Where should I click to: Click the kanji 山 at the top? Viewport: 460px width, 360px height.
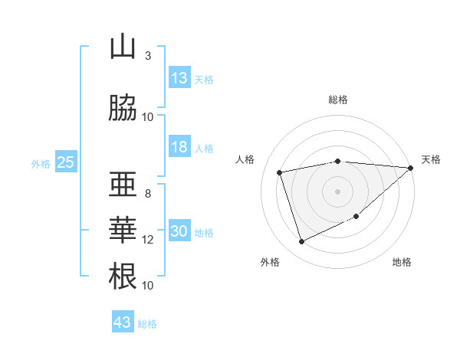(x=123, y=47)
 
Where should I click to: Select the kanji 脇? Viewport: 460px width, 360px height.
(x=123, y=109)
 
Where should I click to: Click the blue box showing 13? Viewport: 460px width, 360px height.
(x=179, y=78)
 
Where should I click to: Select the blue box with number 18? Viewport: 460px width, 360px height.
(x=179, y=147)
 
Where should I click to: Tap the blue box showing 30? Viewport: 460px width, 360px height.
(x=179, y=231)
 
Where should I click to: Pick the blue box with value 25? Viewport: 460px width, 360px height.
(x=65, y=162)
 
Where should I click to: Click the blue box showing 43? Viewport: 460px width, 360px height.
(x=123, y=322)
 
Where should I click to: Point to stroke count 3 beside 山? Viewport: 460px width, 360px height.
(x=148, y=55)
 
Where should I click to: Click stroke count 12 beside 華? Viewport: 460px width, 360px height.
(x=148, y=240)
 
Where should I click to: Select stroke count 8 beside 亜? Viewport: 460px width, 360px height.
(x=148, y=193)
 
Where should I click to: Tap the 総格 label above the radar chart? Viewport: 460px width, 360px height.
(x=338, y=100)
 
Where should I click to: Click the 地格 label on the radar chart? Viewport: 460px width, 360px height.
(x=402, y=262)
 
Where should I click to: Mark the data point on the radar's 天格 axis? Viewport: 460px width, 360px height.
(x=411, y=169)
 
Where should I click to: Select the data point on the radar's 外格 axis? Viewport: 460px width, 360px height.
(x=301, y=242)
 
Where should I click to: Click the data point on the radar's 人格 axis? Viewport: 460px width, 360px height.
(x=280, y=172)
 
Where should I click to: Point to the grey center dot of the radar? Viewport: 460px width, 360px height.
(x=338, y=191)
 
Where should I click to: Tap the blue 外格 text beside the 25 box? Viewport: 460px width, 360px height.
(x=41, y=163)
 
